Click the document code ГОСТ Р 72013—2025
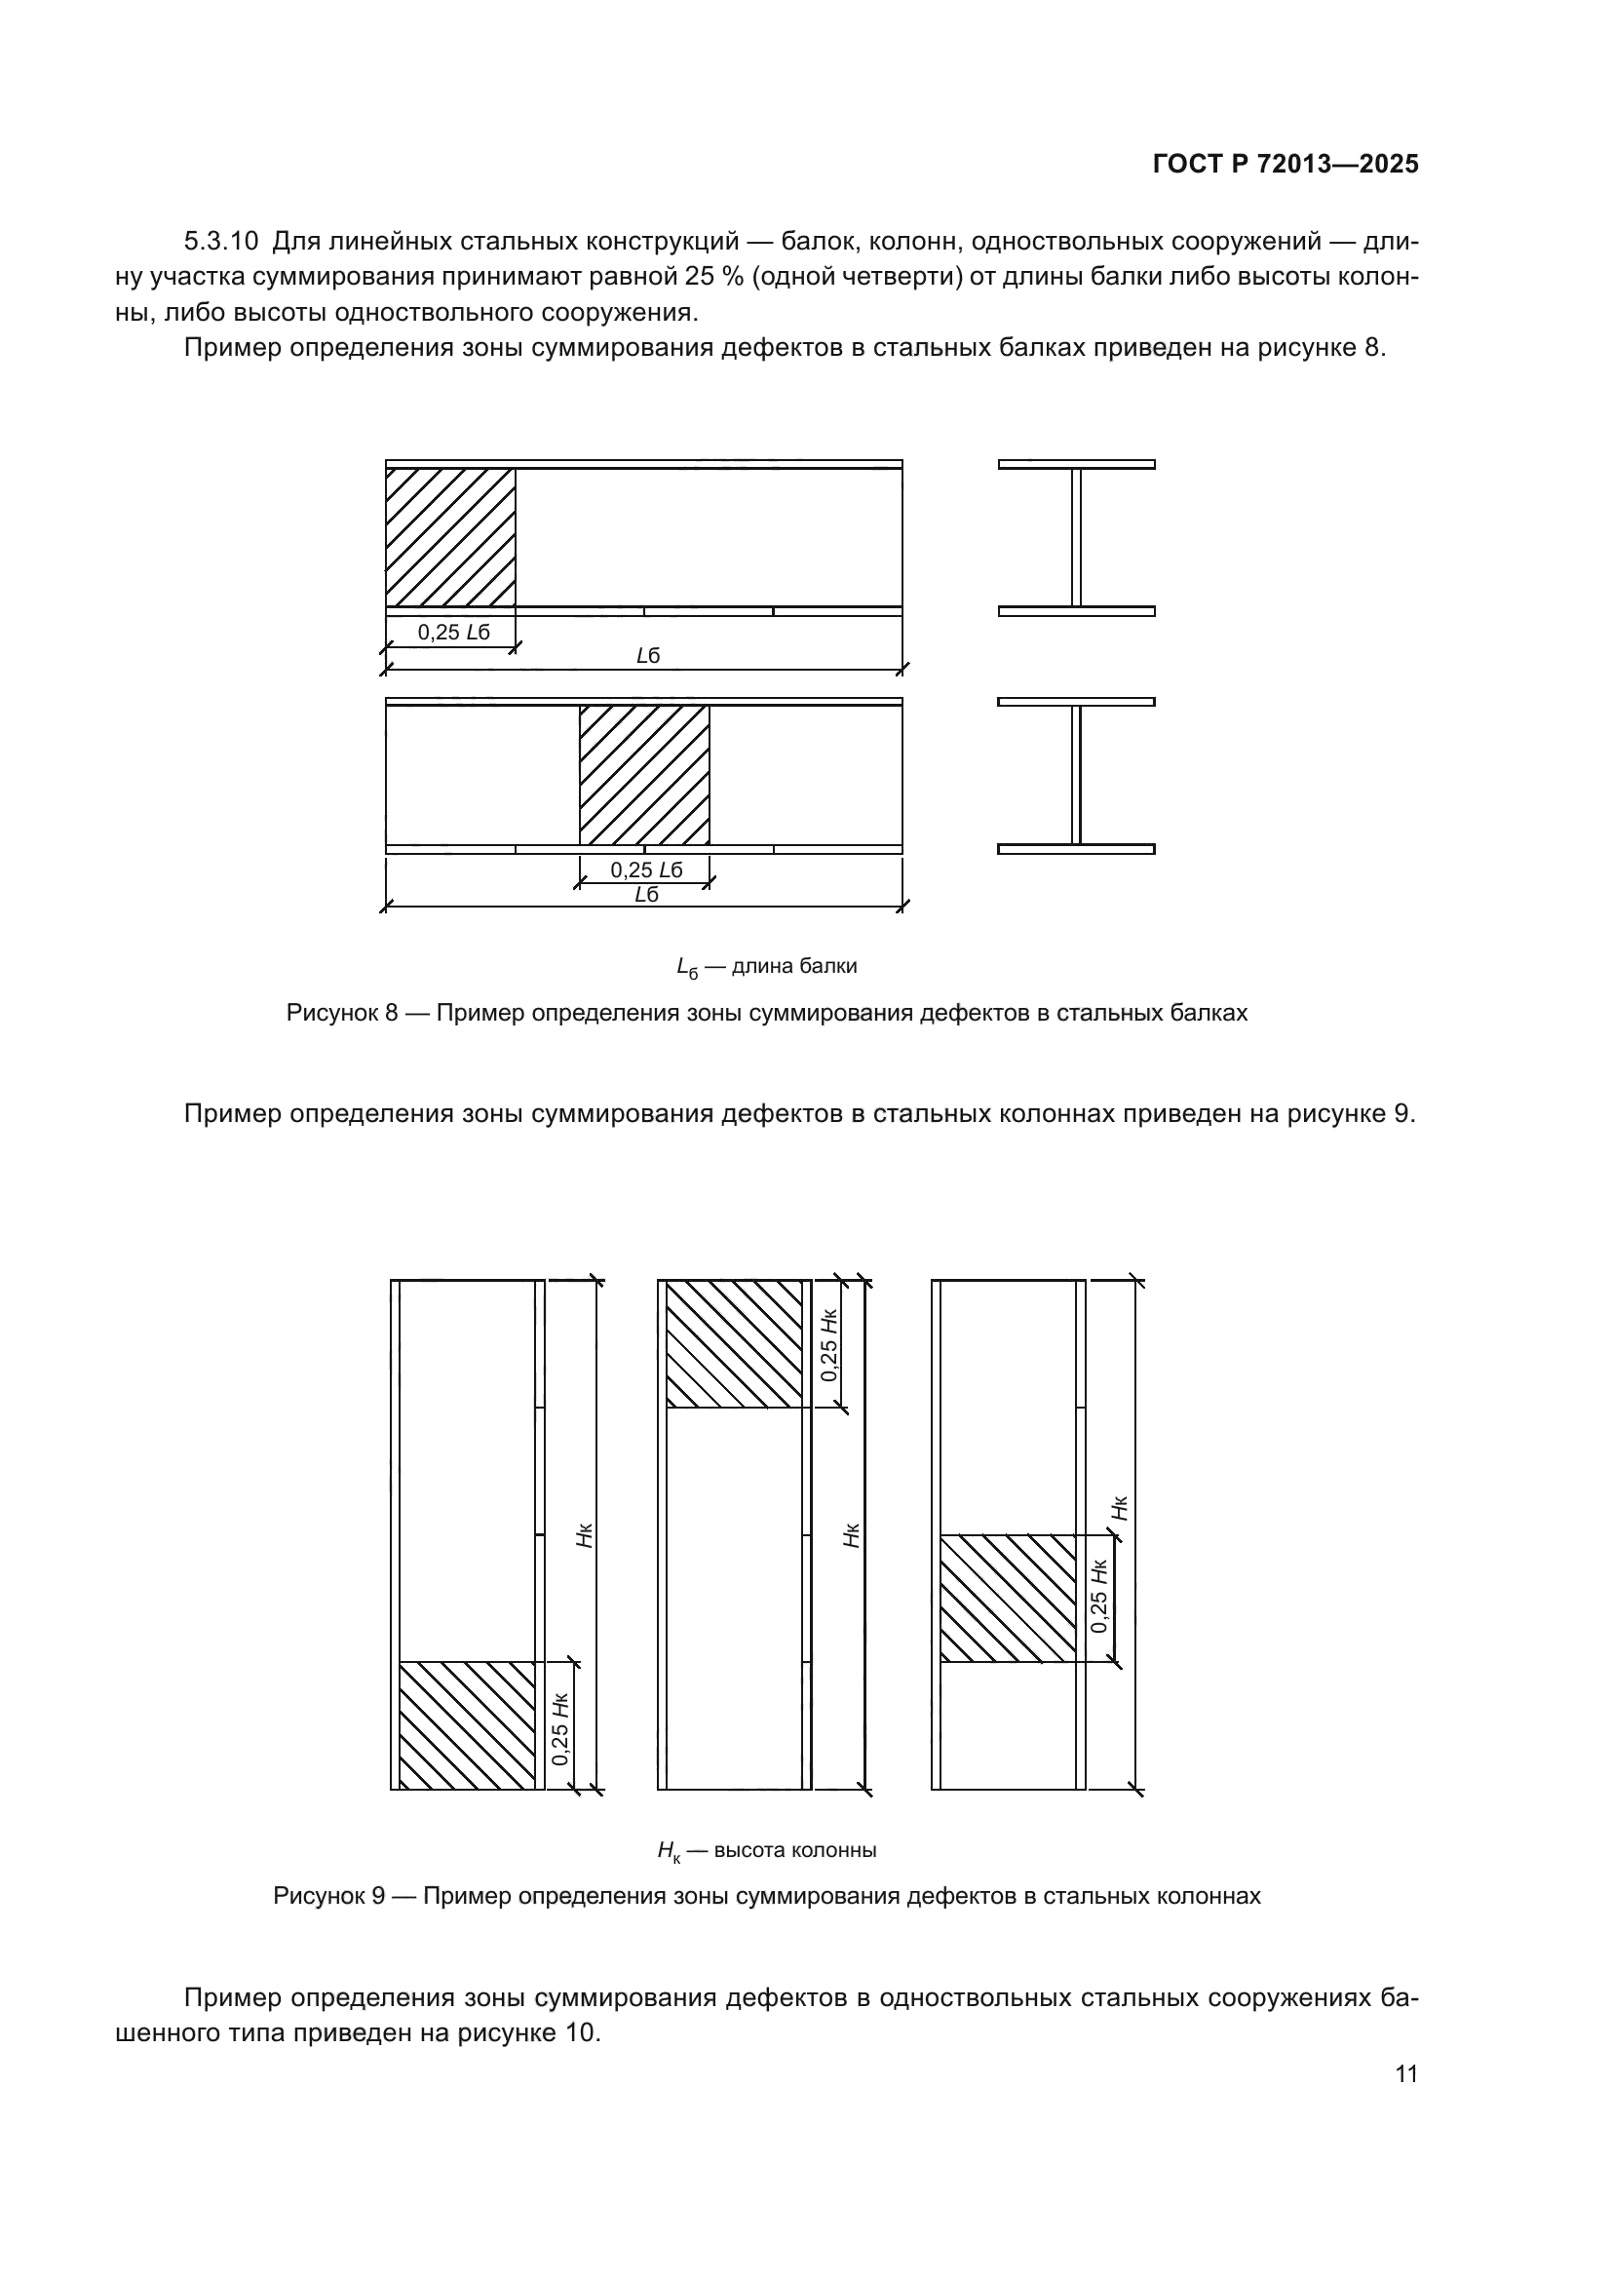click(x=1286, y=165)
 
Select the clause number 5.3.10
click(x=220, y=242)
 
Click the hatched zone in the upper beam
click(x=449, y=537)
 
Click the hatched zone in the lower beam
click(x=644, y=775)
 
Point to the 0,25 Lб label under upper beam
click(x=452, y=633)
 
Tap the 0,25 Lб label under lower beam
click(x=646, y=869)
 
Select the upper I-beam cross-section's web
click(x=1076, y=537)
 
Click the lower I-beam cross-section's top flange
click(x=1076, y=702)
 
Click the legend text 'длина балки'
click(x=793, y=966)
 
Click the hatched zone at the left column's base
click(x=467, y=1725)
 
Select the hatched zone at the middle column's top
click(x=734, y=1343)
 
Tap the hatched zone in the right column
click(x=1008, y=1599)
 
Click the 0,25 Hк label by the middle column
click(x=829, y=1345)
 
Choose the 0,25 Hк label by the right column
click(x=1098, y=1598)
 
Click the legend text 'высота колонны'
click(x=795, y=1850)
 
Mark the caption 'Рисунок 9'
click(x=328, y=1896)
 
